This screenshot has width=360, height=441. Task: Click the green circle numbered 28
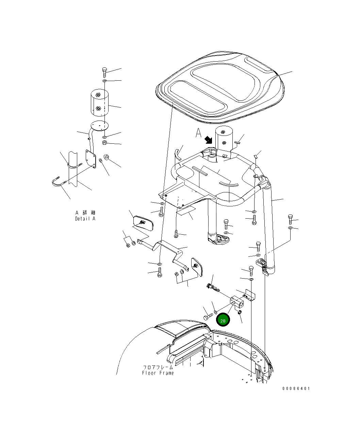223,320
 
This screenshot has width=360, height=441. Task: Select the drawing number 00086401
296,388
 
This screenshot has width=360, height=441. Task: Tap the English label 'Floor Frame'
158,373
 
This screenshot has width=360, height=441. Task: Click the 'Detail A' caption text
85,219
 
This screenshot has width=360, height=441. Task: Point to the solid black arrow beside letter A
208,140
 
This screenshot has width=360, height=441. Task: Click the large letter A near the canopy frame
198,133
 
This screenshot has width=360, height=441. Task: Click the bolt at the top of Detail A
104,73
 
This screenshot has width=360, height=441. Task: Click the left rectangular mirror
144,223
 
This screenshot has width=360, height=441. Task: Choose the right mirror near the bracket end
197,266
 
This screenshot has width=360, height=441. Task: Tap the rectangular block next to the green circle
237,301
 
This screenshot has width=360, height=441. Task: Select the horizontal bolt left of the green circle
208,317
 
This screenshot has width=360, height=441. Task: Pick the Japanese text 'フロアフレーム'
158,367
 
